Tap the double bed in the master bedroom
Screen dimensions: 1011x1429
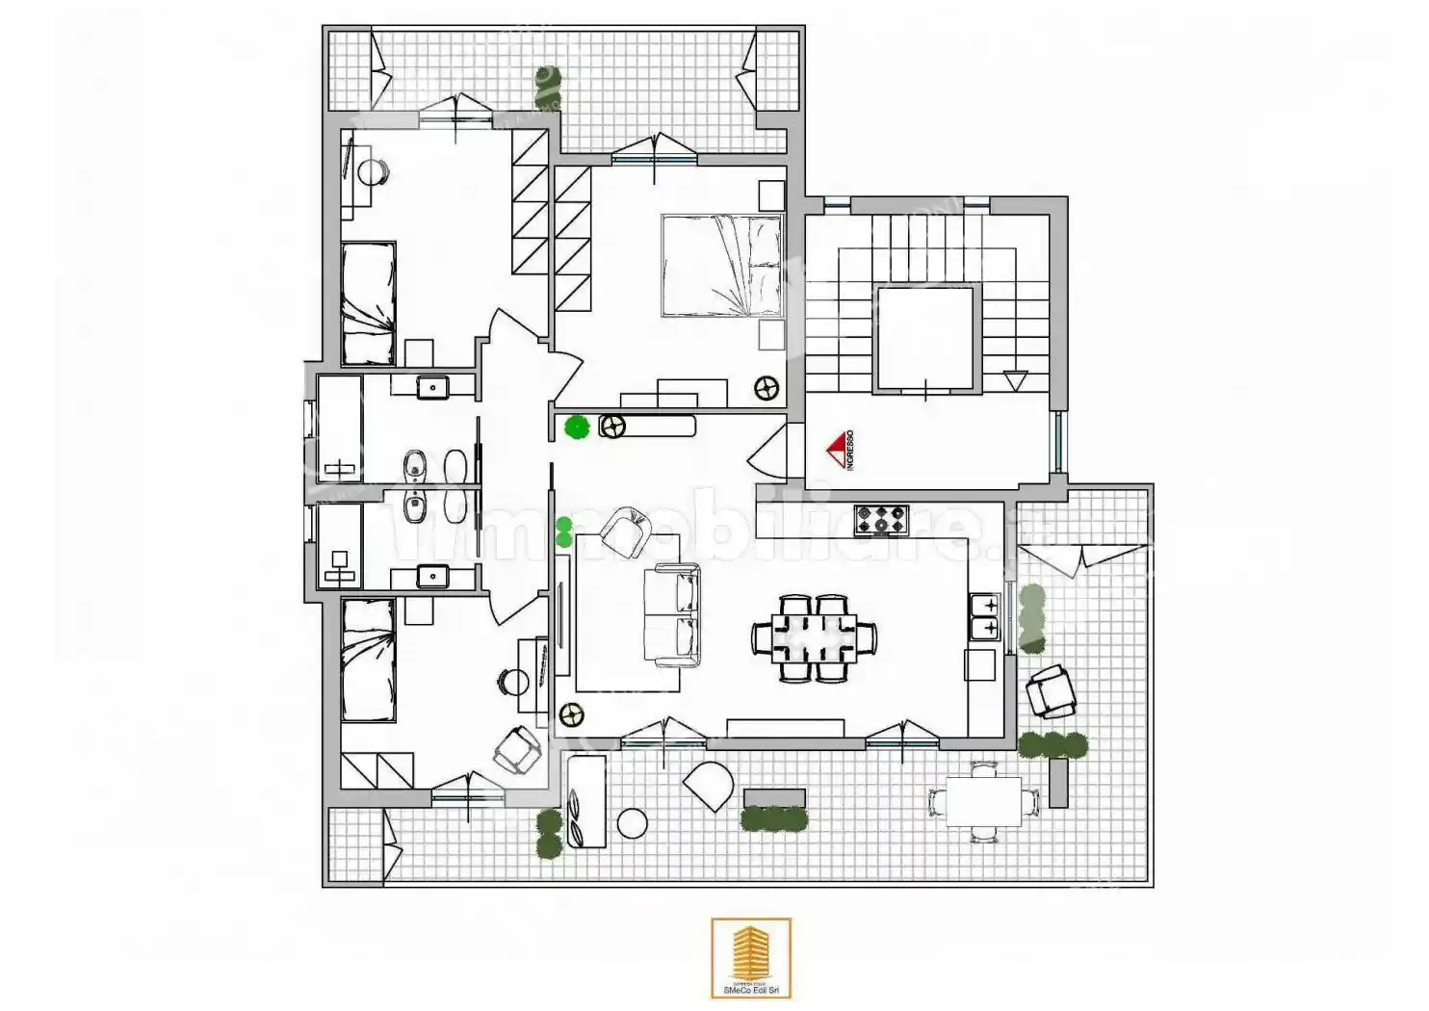[x=721, y=266]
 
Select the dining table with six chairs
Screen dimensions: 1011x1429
[x=815, y=638]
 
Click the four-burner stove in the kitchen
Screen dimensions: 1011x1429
[x=881, y=520]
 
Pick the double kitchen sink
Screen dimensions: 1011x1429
[x=984, y=617]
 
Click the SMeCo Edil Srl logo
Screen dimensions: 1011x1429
[x=751, y=958]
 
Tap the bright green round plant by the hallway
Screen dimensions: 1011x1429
[x=578, y=427]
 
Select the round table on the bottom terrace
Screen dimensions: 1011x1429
[x=633, y=824]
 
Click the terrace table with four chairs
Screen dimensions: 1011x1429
[x=983, y=801]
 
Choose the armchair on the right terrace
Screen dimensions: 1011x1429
[x=1051, y=691]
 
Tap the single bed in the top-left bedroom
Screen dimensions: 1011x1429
[x=369, y=302]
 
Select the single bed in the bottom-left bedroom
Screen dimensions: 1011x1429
[x=368, y=660]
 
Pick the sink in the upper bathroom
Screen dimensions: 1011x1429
[x=433, y=387]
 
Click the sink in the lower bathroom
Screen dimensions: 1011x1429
[x=433, y=577]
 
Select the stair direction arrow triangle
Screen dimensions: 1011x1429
[x=1015, y=380]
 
